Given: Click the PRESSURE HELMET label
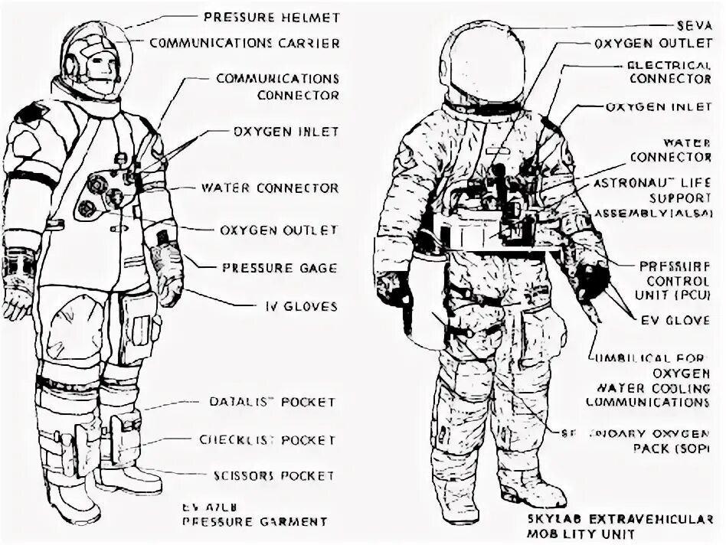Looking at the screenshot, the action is tap(272, 17).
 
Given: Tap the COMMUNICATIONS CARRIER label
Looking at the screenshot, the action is tap(244, 43).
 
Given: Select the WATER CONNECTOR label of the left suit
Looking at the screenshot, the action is tap(269, 188).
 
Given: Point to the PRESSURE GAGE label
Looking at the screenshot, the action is tap(279, 268).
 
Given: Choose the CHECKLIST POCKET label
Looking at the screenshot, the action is tap(267, 440).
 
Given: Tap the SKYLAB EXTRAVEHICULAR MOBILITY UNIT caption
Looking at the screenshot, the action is tap(625, 526).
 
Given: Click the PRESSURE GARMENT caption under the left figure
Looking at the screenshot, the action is tap(254, 521).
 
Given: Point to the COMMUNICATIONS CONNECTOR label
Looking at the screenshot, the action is tap(276, 87).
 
